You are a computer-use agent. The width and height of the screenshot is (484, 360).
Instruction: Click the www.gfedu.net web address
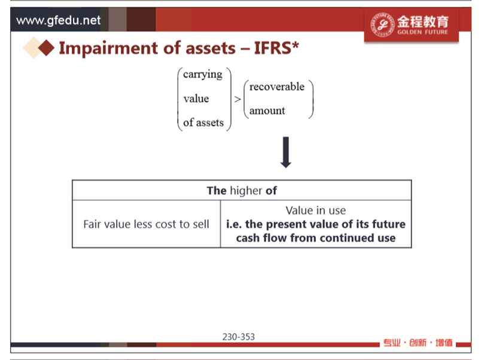59,20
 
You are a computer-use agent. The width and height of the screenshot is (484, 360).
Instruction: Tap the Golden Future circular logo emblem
382,25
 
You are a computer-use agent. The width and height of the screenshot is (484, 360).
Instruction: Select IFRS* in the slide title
276,48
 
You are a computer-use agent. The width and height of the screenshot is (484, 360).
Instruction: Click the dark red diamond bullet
47,48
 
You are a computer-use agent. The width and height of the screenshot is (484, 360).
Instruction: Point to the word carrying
203,75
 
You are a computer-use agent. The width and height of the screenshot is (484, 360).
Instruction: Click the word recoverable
277,87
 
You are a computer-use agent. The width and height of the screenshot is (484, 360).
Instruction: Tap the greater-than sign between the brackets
238,99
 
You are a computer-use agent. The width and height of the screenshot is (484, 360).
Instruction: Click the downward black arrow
286,152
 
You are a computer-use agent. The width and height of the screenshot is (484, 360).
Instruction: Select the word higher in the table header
246,191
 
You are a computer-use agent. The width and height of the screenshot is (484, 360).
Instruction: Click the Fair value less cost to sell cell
147,224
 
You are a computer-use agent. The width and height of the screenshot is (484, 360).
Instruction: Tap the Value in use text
315,210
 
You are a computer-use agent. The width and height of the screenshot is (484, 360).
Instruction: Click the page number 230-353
239,337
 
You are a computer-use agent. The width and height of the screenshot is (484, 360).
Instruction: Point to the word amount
267,111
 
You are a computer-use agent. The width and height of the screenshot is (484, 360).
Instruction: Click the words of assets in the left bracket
203,123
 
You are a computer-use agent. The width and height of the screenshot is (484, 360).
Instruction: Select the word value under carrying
196,99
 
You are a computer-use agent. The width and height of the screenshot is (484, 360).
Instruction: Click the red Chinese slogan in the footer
418,343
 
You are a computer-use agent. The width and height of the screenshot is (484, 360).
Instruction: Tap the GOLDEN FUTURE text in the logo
422,32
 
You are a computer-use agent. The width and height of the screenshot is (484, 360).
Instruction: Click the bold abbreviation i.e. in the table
234,224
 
